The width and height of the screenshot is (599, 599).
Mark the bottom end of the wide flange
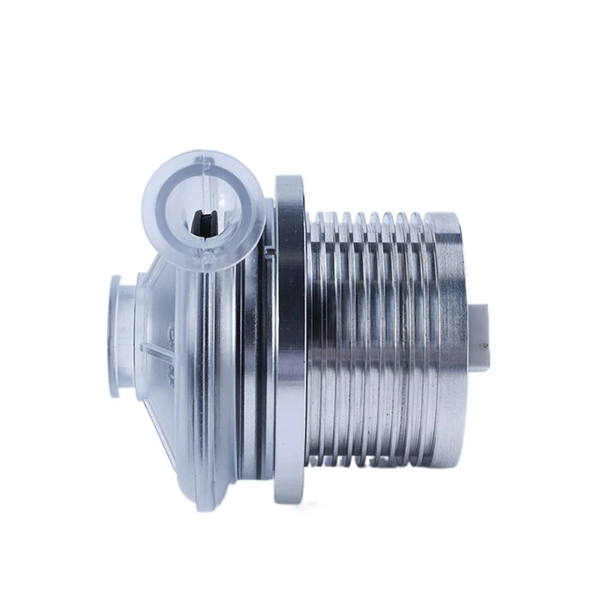coord(289,497)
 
